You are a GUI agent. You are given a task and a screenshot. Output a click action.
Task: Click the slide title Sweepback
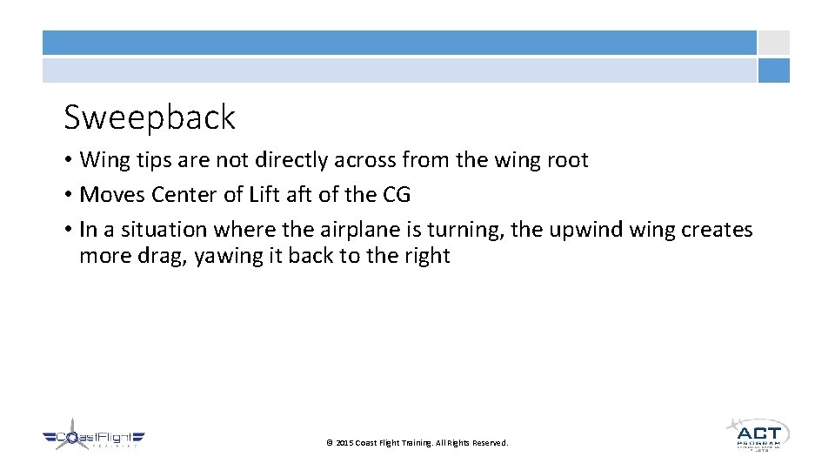[x=150, y=117]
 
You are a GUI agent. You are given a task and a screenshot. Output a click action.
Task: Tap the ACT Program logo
[x=757, y=433]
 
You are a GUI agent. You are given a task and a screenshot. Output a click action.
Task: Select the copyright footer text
[x=417, y=443]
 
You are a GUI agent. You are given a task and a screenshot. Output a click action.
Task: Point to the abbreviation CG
[x=396, y=195]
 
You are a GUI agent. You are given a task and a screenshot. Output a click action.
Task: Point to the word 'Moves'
[x=109, y=195]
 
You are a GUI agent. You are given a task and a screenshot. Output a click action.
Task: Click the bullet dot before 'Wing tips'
[x=68, y=160]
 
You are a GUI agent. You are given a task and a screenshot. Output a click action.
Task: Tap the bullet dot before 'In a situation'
[x=68, y=230]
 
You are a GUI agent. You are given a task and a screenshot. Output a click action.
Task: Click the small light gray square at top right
[x=773, y=43]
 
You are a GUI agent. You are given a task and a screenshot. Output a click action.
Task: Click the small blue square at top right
[x=773, y=70]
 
